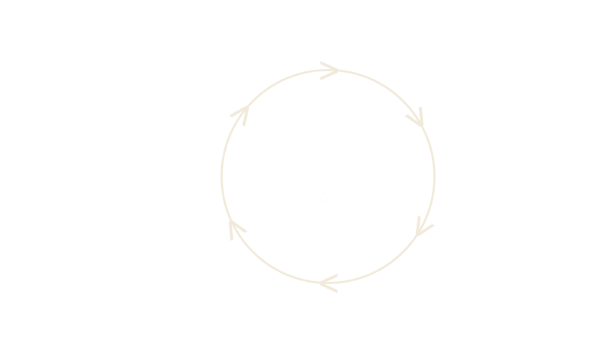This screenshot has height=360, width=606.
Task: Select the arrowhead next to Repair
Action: (416, 118)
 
